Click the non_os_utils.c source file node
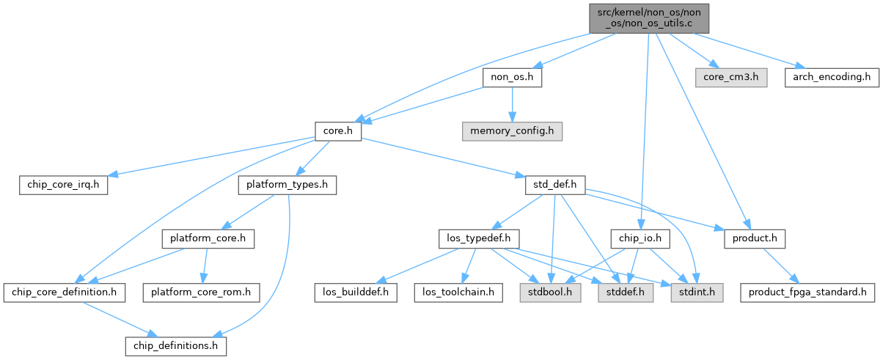click(x=650, y=18)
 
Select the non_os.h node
click(x=511, y=77)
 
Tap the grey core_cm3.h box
click(x=731, y=77)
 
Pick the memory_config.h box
click(x=512, y=131)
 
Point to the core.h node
click(x=338, y=131)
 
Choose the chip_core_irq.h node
click(x=63, y=185)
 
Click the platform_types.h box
click(x=287, y=185)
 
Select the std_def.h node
click(x=554, y=185)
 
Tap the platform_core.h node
click(x=208, y=239)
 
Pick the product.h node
click(x=755, y=239)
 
